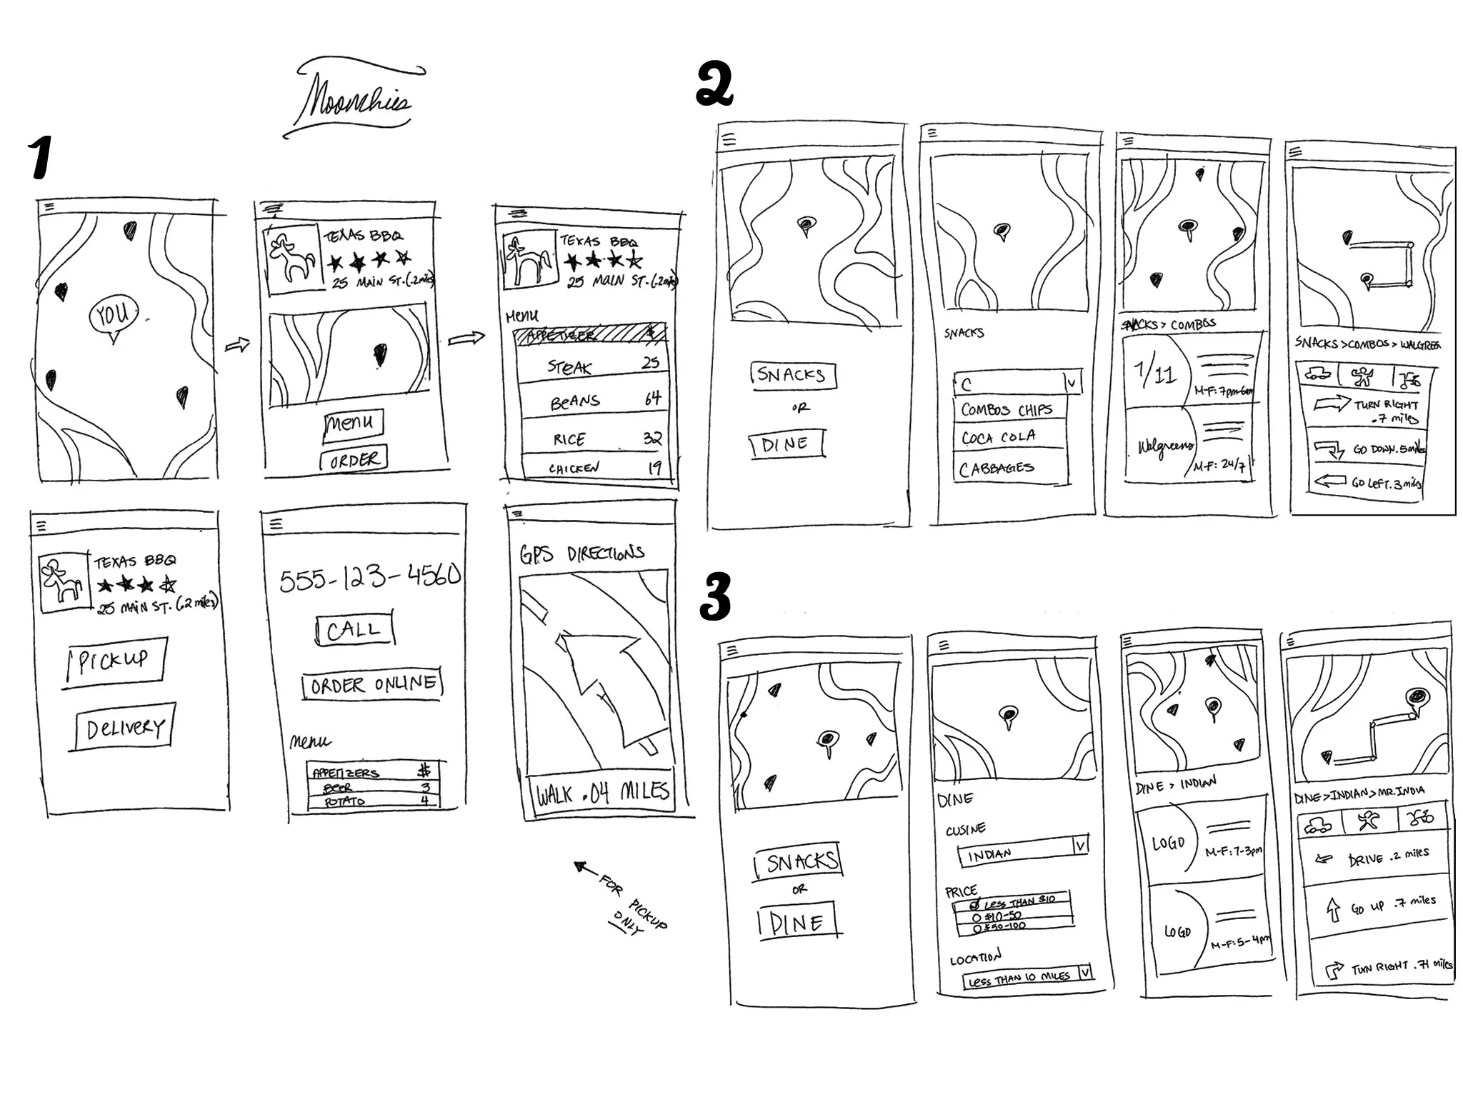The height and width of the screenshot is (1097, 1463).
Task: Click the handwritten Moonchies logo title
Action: pyautogui.click(x=355, y=100)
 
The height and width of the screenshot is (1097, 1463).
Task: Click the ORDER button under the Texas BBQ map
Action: pyautogui.click(x=354, y=459)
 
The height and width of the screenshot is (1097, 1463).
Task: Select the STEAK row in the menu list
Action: pyautogui.click(x=593, y=366)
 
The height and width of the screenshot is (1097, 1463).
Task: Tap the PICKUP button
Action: pyautogui.click(x=114, y=661)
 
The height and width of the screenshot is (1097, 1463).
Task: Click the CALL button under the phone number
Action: pyautogui.click(x=354, y=630)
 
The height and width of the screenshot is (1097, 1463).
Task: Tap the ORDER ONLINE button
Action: pyautogui.click(x=372, y=684)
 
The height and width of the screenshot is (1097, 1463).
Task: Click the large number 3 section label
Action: pyautogui.click(x=714, y=596)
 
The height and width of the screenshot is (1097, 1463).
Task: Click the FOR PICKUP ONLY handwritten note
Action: pyautogui.click(x=629, y=901)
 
